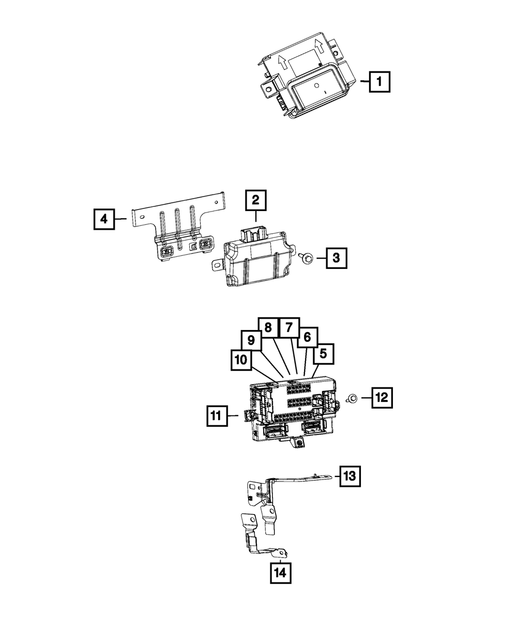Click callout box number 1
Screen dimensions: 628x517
[x=380, y=81]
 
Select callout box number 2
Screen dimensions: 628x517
[x=256, y=201]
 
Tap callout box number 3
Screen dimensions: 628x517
[x=336, y=258]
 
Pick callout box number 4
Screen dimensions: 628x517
[x=104, y=219]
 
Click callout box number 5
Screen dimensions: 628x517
[x=323, y=354]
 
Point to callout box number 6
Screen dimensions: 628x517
[x=307, y=338]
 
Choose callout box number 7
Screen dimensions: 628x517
[x=289, y=327]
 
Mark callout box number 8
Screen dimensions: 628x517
[x=268, y=327]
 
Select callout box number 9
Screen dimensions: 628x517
[x=251, y=340]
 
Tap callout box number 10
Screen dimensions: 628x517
[x=241, y=360]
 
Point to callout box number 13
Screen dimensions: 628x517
[x=349, y=476]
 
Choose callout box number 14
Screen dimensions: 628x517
[x=279, y=572]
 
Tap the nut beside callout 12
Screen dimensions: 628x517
[x=352, y=398]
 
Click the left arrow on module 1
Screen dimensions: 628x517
[x=282, y=63]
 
